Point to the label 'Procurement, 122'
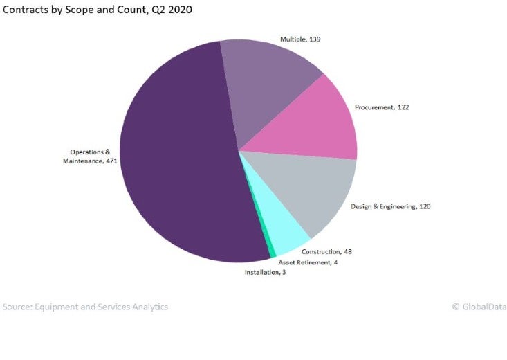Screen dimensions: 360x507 pyautogui.click(x=382, y=107)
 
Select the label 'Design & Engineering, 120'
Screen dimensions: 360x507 pyautogui.click(x=391, y=206)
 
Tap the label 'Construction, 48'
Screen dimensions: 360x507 pyautogui.click(x=322, y=251)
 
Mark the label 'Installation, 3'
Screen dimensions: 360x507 pyautogui.click(x=265, y=273)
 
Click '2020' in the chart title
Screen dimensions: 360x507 pyautogui.click(x=178, y=10)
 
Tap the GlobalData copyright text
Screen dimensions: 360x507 pyautogui.click(x=479, y=307)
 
